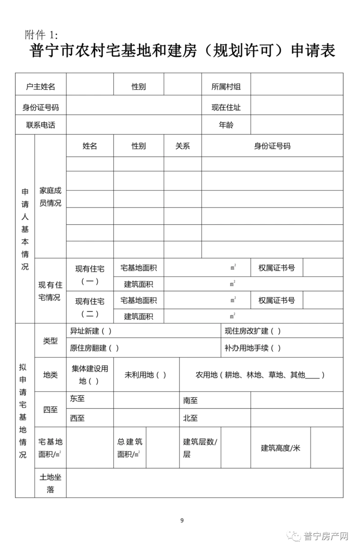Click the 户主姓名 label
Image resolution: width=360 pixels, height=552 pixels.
[x=40, y=86]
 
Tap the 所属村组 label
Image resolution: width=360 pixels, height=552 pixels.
[x=226, y=86]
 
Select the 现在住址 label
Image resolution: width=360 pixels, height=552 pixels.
[x=226, y=107]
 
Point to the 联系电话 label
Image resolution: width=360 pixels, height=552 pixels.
[x=40, y=125]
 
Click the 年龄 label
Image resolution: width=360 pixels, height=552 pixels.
[x=226, y=125]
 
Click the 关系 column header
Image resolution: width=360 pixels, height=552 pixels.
[x=182, y=146]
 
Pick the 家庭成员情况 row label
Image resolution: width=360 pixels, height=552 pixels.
[x=50, y=197]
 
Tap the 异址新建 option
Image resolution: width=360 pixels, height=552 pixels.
[x=90, y=331]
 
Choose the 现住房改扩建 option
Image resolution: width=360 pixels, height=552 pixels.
[x=252, y=331]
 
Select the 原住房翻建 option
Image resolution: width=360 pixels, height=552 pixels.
[x=94, y=348]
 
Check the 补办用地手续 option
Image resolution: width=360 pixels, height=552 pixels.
[x=252, y=348]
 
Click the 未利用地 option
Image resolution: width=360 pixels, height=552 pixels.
[x=145, y=375]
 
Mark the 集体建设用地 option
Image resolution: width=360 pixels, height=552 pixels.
[x=90, y=375]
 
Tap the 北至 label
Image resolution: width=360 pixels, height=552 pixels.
[x=190, y=418]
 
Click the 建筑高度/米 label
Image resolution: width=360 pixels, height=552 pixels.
[x=280, y=448]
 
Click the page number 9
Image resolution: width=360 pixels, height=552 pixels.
[x=182, y=521]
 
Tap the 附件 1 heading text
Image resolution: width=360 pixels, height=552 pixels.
[x=42, y=35]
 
